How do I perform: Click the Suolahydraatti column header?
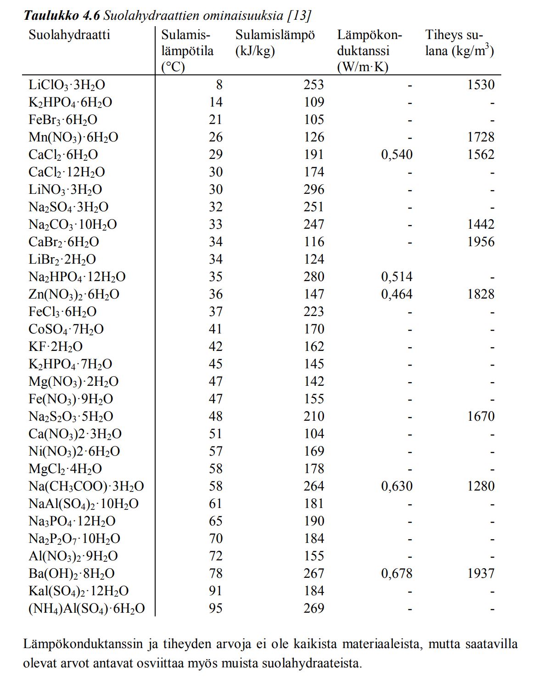pos(69,35)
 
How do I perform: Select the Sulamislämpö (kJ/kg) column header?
pos(275,43)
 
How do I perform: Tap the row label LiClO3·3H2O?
pos(67,85)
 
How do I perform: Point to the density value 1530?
pos(481,85)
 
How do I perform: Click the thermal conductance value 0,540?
pos(397,155)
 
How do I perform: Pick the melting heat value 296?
pos(314,190)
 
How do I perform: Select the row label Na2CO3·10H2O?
pos(73,225)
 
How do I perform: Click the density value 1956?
pos(481,242)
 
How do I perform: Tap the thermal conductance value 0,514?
pos(397,277)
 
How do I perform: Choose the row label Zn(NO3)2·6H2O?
pos(74,294)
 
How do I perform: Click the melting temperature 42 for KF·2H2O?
pos(215,347)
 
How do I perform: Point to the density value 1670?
pos(481,417)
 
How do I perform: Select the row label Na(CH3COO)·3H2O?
pos(86,486)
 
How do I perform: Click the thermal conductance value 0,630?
pos(397,486)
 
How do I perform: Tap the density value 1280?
pos(481,486)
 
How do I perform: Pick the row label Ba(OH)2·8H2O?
pos(72,574)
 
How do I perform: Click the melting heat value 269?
pos(314,609)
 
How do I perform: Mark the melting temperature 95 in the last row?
pos(215,609)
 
